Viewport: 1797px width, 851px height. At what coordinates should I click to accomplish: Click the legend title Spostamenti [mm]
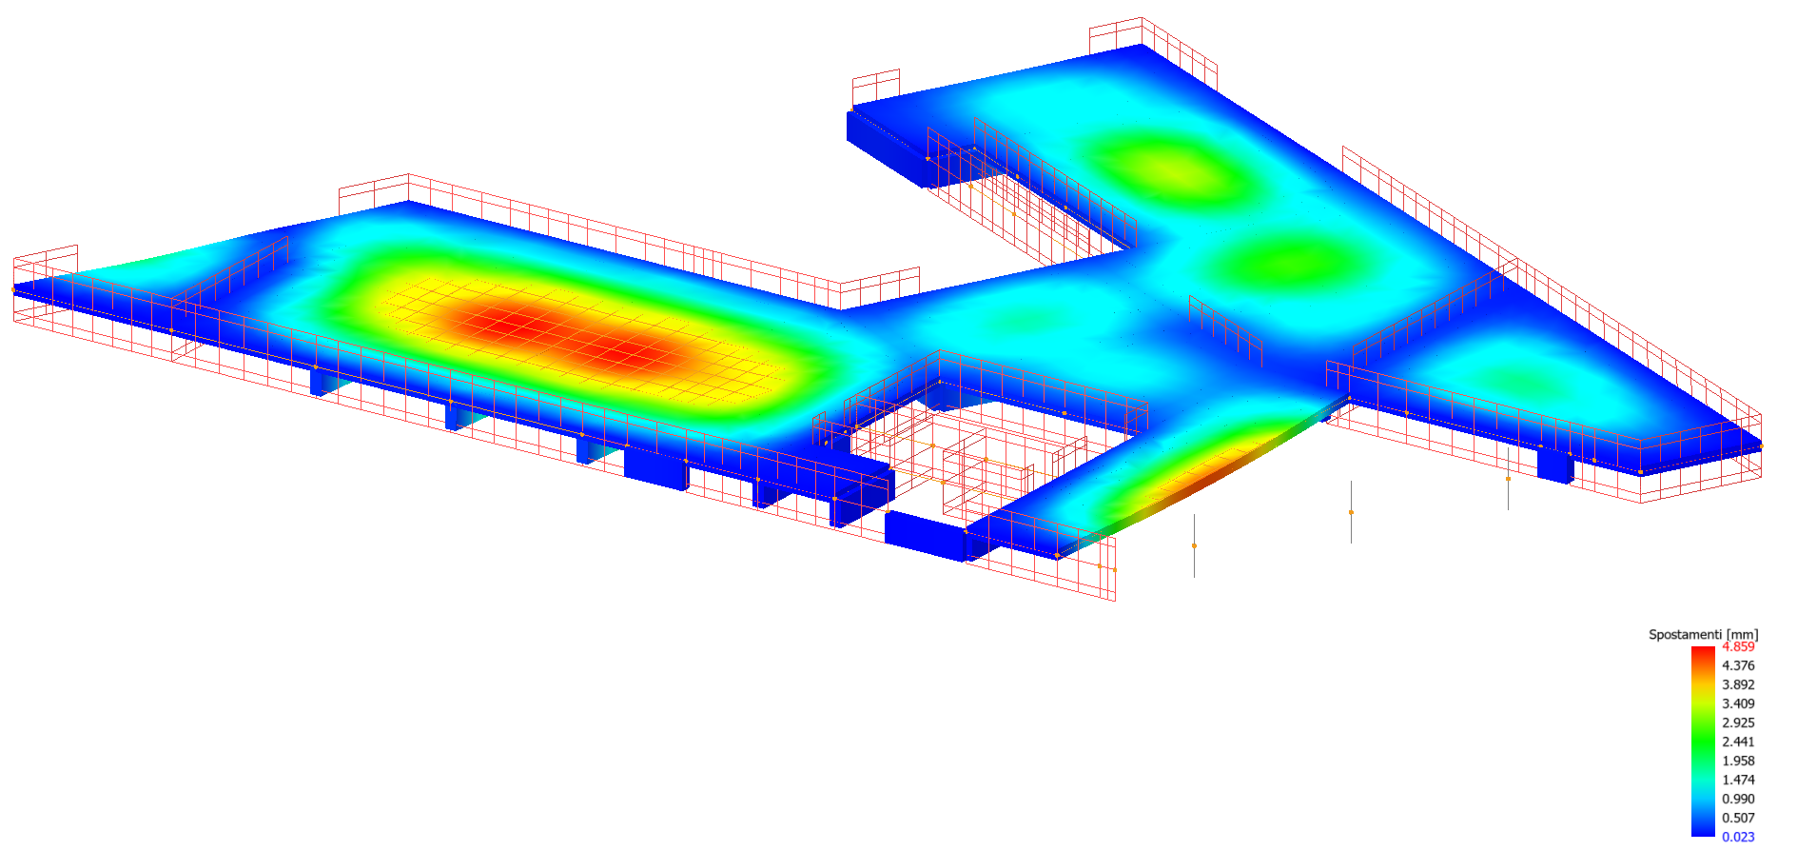tap(1703, 634)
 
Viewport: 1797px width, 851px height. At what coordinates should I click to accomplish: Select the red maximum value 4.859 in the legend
tap(1738, 646)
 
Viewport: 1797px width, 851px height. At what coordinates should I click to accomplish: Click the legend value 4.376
tap(1738, 665)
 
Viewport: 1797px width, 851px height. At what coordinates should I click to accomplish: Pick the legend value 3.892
tap(1738, 684)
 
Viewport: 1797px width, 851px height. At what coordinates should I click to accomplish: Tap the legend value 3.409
tap(1738, 703)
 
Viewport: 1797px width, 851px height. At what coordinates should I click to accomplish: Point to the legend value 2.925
tap(1738, 722)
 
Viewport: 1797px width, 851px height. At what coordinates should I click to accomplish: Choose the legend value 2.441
tap(1738, 742)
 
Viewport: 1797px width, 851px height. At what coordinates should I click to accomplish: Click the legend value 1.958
tap(1738, 761)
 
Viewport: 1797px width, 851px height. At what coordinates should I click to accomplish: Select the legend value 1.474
tap(1738, 780)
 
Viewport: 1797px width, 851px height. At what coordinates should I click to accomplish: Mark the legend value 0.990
tap(1738, 799)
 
